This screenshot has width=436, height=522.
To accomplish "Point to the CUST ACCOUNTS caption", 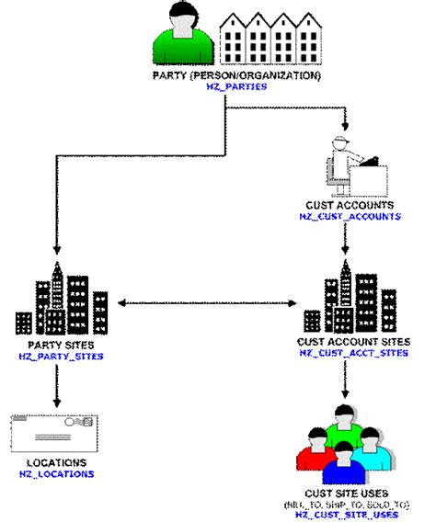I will coord(350,206).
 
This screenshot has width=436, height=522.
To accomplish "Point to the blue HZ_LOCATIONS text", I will coord(56,474).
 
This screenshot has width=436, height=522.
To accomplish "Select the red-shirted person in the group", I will coord(313,447).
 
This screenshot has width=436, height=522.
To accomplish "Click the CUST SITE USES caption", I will coord(348,494).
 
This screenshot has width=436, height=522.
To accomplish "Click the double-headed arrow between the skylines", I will coord(204,301).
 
